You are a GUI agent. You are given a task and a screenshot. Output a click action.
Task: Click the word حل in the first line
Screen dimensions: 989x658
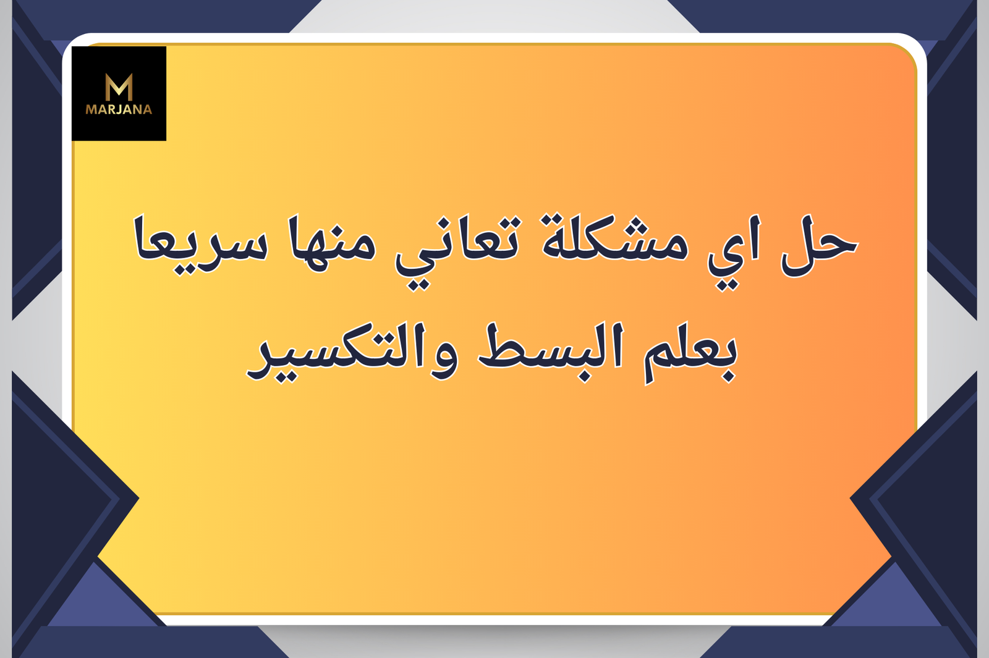[819, 245]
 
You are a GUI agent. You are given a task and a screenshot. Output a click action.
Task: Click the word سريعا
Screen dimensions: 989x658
[201, 245]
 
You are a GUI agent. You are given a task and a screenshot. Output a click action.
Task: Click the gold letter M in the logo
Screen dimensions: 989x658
[119, 87]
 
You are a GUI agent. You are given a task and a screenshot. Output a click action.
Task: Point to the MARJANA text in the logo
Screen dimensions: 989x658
[119, 109]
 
